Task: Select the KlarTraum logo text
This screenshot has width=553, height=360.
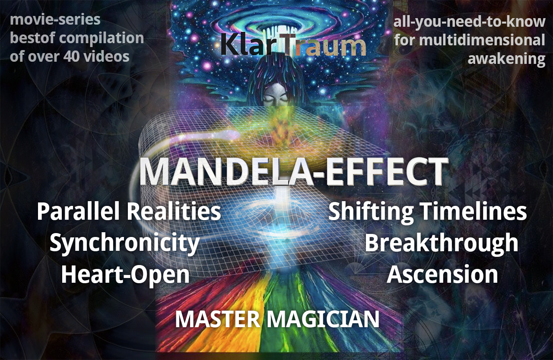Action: [x=293, y=44]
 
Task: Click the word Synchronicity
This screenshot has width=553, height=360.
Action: [x=124, y=242]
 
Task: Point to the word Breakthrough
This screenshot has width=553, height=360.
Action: [x=441, y=242]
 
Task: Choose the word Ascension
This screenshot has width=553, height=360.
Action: [x=442, y=274]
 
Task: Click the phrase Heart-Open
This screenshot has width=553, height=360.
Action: [x=125, y=275]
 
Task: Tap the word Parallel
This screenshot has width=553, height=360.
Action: [x=78, y=212]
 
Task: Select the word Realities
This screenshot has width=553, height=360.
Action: [x=174, y=212]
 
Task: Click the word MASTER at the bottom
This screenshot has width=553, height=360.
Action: [x=217, y=319]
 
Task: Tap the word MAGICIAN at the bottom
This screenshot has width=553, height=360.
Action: [x=323, y=319]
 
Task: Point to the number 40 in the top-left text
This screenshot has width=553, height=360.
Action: [x=72, y=57]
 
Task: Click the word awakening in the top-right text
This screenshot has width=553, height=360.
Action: [x=506, y=59]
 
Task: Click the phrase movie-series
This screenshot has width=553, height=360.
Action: [x=55, y=20]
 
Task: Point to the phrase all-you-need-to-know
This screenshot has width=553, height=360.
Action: [x=469, y=22]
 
